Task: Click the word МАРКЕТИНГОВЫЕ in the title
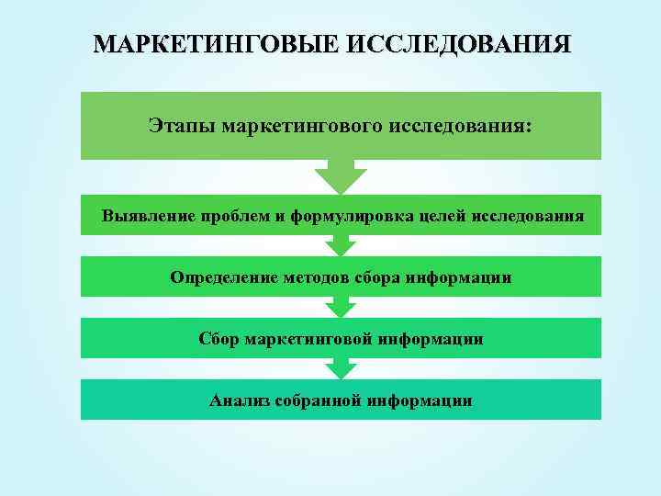(x=216, y=45)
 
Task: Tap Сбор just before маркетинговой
(x=218, y=339)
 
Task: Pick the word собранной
(x=320, y=400)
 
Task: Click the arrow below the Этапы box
(x=341, y=176)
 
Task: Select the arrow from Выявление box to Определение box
(x=341, y=244)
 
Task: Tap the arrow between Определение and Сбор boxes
(x=341, y=307)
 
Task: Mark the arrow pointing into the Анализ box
(x=341, y=368)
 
